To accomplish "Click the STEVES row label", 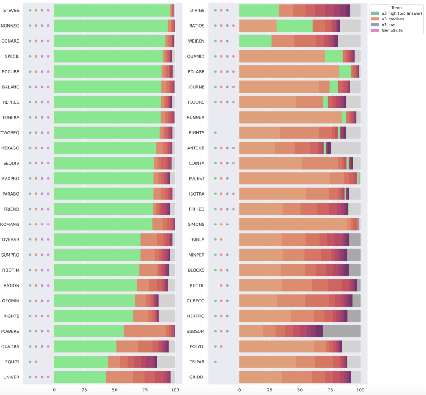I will click(11, 10).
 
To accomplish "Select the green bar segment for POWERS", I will click(89, 331).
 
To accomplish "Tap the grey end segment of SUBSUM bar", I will click(342, 331).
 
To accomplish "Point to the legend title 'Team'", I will click(396, 7).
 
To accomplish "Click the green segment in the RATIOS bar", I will click(294, 26).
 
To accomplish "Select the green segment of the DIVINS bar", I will click(259, 11).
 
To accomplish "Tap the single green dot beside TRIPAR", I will click(215, 361).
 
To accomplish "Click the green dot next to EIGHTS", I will click(215, 132).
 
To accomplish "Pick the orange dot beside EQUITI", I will click(36, 361).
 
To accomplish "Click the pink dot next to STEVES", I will click(48, 11).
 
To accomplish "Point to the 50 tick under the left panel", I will click(115, 390).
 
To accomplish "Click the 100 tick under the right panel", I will click(360, 390).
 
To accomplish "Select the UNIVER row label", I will click(11, 377).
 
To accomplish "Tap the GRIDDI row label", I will click(197, 377).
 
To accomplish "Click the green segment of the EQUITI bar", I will click(81, 361).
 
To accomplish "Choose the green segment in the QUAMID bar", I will click(334, 56).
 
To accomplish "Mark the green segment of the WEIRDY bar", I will click(255, 41).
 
